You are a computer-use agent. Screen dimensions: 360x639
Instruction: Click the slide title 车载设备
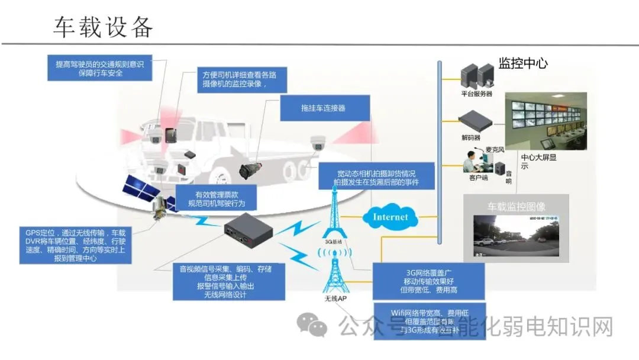click(x=104, y=27)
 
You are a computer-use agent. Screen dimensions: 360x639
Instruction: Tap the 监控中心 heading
click(x=522, y=63)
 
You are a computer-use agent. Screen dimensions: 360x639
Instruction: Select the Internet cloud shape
click(x=390, y=217)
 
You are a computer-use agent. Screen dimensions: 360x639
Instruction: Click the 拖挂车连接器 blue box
click(x=323, y=108)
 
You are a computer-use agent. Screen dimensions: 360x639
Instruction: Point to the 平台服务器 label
click(x=476, y=94)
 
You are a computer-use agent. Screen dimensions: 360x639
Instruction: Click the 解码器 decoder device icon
click(x=476, y=121)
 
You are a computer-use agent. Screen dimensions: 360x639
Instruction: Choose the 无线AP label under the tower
click(x=335, y=298)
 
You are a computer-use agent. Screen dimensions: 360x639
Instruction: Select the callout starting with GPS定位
click(x=75, y=246)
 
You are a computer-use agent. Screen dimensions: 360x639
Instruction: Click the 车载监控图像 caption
click(x=516, y=207)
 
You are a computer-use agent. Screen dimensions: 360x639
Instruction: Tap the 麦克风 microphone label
click(x=494, y=150)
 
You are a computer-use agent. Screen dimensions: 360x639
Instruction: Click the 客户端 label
click(x=478, y=178)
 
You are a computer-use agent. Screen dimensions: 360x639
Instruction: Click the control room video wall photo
click(x=545, y=121)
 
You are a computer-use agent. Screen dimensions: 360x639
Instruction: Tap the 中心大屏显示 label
click(x=538, y=162)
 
